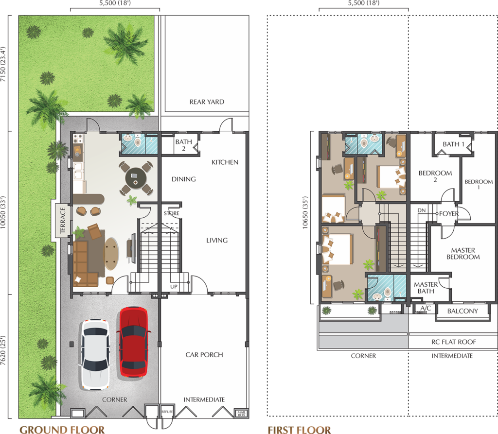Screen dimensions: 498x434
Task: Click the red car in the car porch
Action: pos(133,342)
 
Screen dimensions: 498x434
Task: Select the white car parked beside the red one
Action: pos(95,354)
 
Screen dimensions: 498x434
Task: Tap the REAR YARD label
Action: pos(207,102)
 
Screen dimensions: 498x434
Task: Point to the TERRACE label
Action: pos(63,220)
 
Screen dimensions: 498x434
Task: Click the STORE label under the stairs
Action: pos(172,213)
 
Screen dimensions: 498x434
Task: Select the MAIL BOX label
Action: pos(241,414)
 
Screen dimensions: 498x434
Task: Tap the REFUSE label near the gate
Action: pos(167,412)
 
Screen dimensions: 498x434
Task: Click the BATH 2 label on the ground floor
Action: pos(183,145)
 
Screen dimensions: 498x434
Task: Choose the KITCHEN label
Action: pos(225,162)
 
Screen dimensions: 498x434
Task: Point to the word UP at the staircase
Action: pos(174,286)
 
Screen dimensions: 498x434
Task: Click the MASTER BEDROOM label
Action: pos(463,254)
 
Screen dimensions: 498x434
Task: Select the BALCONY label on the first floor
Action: pos(463,311)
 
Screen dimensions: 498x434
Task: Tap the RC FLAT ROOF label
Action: pos(454,342)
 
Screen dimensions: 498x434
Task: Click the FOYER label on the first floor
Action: pos(449,214)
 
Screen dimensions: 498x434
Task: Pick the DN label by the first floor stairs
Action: pos(422,210)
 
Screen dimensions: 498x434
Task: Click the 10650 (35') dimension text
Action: pos(305,213)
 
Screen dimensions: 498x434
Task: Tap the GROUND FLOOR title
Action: pos(62,430)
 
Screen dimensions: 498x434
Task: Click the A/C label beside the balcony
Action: pos(426,308)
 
